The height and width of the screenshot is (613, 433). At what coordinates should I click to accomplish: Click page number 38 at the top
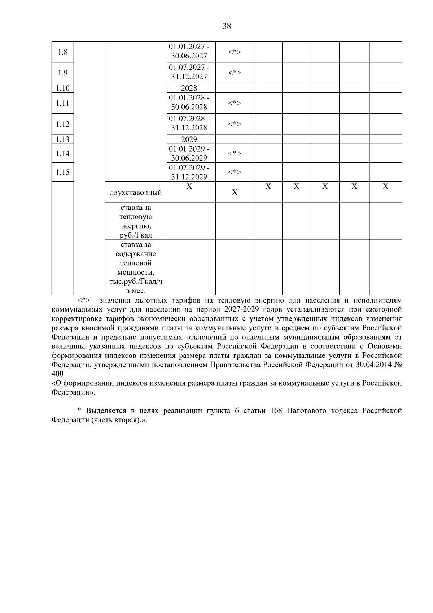(x=227, y=26)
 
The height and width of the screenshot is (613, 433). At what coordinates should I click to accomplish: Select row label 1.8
(x=62, y=52)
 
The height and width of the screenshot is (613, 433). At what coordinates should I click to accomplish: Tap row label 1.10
(x=62, y=88)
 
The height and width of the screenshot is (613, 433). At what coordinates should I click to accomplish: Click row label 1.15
(x=62, y=172)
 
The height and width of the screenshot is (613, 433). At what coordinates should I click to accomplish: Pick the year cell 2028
(x=189, y=88)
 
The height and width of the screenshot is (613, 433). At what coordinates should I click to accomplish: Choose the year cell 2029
(x=189, y=139)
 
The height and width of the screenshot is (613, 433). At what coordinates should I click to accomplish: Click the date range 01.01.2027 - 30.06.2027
(x=189, y=51)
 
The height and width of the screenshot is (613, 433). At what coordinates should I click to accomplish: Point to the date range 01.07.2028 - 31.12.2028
(x=189, y=123)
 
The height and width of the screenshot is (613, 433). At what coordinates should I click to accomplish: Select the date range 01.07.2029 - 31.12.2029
(x=189, y=172)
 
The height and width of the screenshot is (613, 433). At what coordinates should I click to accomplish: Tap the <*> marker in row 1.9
(x=235, y=73)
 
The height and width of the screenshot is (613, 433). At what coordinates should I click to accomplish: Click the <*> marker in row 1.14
(x=235, y=153)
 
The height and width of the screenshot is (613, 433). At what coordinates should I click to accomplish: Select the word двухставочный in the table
(x=136, y=192)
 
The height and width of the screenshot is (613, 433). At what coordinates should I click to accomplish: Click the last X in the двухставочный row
(x=385, y=187)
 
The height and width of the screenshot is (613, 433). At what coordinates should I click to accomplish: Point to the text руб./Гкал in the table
(x=136, y=235)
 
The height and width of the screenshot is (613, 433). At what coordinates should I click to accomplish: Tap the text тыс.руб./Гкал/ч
(x=136, y=282)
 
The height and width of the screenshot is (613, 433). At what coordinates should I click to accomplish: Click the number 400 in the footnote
(x=57, y=374)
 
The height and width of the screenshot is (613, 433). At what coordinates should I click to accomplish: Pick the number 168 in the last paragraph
(x=276, y=411)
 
